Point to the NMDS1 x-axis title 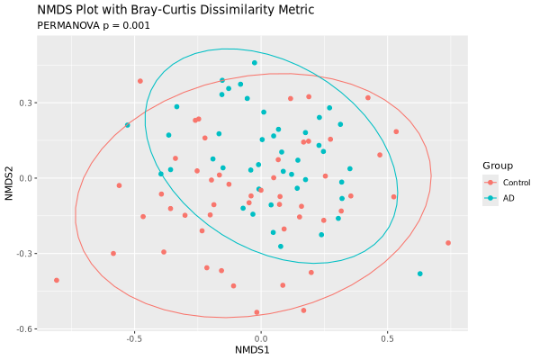tap(260, 349)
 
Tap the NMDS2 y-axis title tap(10, 177)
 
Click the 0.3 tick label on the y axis tap(28, 103)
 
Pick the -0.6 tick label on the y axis tap(26, 328)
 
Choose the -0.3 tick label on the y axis tap(26, 253)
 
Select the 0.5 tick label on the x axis tap(387, 339)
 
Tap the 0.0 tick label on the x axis tap(260, 339)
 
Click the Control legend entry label tap(517, 183)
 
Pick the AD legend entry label tap(508, 198)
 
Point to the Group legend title tap(498, 166)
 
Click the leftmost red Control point tap(56, 280)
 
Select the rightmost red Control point tap(448, 243)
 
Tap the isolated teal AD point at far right tap(419, 274)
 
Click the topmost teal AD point tap(255, 63)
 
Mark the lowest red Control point tap(256, 312)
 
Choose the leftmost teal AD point tap(127, 125)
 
